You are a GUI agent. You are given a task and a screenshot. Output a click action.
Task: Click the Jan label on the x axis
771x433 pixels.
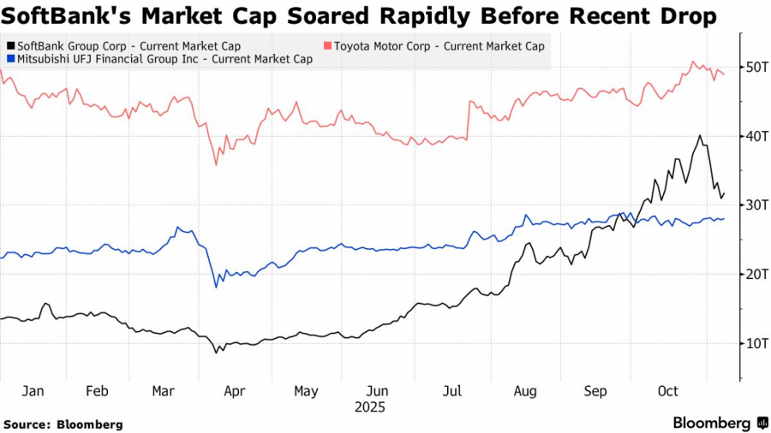pyautogui.click(x=33, y=391)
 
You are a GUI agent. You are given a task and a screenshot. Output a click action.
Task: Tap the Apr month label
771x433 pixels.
pyautogui.click(x=234, y=391)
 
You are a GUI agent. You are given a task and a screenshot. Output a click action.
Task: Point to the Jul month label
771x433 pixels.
pyautogui.click(x=452, y=391)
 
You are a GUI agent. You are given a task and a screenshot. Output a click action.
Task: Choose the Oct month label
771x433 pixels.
pyautogui.click(x=667, y=391)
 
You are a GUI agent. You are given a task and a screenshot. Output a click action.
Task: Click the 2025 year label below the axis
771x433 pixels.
pyautogui.click(x=370, y=407)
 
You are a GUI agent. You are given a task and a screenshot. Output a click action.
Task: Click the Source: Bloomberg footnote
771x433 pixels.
pyautogui.click(x=63, y=424)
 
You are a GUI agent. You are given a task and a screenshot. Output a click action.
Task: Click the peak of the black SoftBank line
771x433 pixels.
pyautogui.click(x=700, y=135)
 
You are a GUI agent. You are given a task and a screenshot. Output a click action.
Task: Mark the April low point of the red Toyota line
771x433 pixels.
pyautogui.click(x=216, y=164)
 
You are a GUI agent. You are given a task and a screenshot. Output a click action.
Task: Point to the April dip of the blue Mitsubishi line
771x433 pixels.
pyautogui.click(x=215, y=287)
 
